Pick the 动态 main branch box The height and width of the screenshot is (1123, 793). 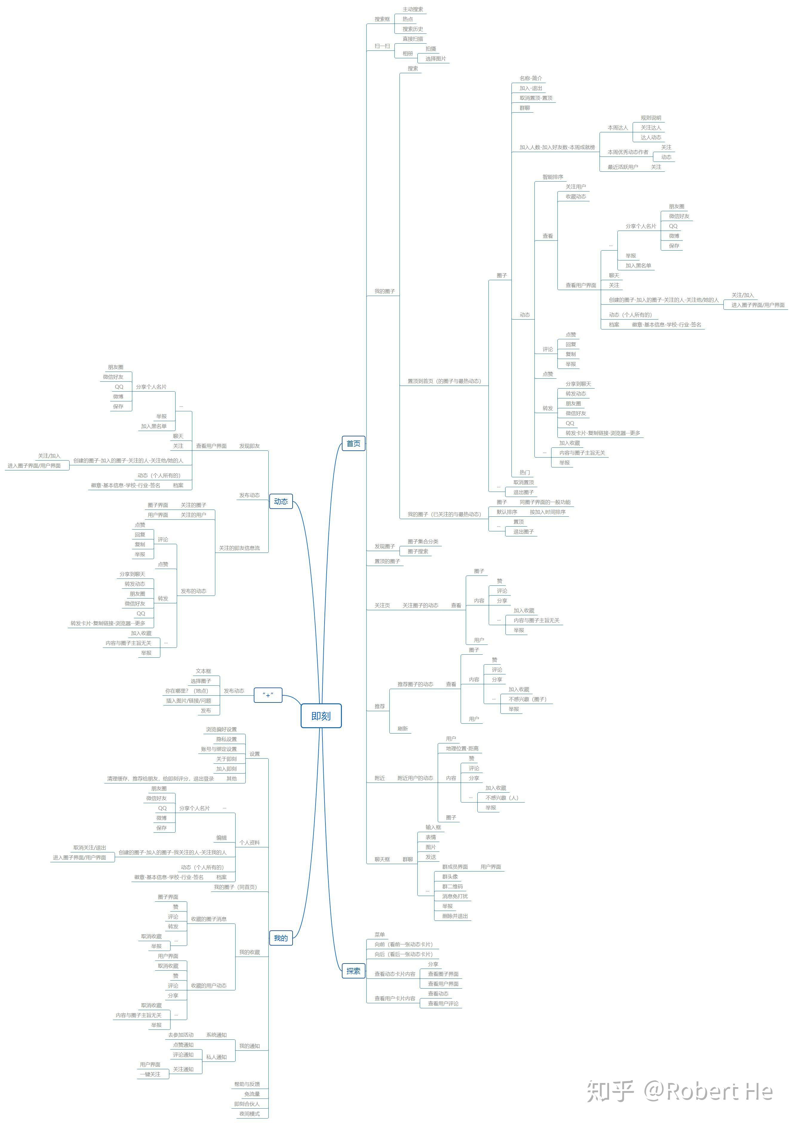(x=281, y=501)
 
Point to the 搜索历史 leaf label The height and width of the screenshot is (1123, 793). (x=413, y=29)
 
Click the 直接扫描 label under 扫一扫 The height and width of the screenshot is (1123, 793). (x=413, y=39)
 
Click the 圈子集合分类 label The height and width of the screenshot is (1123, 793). (x=423, y=541)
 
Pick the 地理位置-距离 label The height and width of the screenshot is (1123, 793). (x=462, y=748)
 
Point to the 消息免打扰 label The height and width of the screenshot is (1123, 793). (x=455, y=896)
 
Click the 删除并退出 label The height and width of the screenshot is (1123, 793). (x=455, y=916)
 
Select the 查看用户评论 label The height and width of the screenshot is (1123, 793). (x=443, y=1004)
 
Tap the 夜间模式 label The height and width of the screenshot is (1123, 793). (x=249, y=1114)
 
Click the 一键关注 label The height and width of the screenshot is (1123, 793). (x=150, y=1074)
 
